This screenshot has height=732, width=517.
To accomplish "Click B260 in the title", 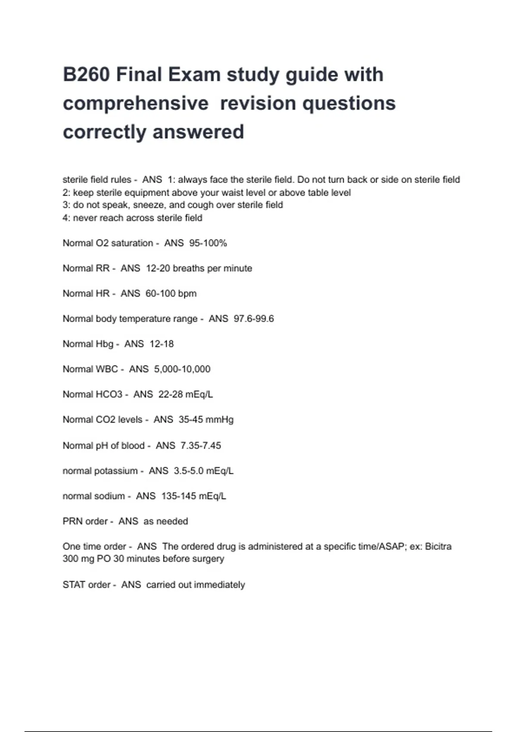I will (86, 74).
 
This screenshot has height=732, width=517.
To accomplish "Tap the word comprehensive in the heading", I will (136, 103).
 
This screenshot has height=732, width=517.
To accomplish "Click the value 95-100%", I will (208, 243).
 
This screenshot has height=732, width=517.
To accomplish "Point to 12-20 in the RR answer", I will (158, 268).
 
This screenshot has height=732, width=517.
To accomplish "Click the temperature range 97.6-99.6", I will (253, 319).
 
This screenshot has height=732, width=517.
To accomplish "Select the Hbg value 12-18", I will (161, 344).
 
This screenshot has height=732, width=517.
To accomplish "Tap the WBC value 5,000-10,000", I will (182, 369).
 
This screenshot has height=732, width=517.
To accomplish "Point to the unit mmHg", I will (219, 419).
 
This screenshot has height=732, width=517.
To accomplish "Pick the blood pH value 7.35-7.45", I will (200, 446).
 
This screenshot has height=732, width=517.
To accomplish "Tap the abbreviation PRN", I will (72, 521).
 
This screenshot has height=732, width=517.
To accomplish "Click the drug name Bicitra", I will (438, 546).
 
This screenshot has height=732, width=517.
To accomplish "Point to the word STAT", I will (74, 585).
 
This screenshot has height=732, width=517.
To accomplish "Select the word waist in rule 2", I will (232, 192).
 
